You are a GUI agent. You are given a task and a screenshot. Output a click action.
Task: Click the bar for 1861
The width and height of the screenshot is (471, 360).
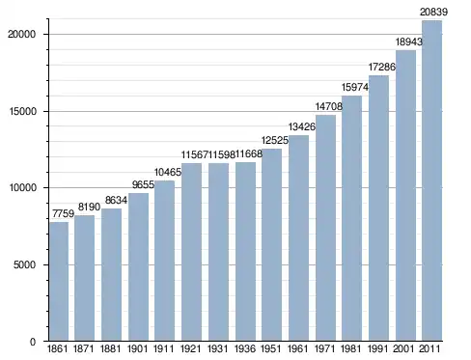coord(59,282)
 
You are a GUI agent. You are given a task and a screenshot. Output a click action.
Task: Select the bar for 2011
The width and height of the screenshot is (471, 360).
coord(431,180)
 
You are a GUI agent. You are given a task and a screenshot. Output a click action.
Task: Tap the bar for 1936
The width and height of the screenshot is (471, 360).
coord(245,252)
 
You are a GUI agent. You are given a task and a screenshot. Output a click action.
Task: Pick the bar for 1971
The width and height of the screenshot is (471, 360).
coord(325,228)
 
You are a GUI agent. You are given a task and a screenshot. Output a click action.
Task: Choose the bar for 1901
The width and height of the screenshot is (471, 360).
coord(138,267)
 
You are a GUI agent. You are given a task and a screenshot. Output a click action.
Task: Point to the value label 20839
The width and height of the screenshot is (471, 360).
coord(433,13)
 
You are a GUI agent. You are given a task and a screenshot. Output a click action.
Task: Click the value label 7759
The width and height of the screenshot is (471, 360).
coord(63,213)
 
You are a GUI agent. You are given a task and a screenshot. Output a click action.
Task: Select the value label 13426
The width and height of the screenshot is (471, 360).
coord(302,126)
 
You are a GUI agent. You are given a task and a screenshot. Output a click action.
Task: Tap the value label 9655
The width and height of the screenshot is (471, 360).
coord(143,184)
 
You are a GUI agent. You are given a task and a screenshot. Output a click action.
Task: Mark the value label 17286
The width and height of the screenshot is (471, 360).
coord(382,67)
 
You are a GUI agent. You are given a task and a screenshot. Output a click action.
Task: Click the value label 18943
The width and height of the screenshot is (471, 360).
coord(408,42)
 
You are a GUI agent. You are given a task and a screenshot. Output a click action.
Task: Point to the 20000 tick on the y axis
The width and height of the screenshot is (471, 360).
coord(21,34)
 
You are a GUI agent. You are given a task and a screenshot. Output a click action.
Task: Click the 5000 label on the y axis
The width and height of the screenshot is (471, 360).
coord(24,264)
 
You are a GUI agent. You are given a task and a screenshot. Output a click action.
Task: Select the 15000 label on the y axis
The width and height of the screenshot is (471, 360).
coord(21,111)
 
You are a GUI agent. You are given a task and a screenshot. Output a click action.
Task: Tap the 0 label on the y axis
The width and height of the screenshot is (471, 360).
coord(33,342)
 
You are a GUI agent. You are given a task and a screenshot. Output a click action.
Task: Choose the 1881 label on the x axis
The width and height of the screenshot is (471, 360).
coord(110,348)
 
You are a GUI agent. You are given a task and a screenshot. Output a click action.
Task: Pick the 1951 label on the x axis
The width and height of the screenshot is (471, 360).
coord(271,348)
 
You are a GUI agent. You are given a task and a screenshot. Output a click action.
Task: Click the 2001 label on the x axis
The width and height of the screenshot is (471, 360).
coord(403,348)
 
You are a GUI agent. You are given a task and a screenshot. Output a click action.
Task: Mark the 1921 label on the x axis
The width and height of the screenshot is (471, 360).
coord(191,348)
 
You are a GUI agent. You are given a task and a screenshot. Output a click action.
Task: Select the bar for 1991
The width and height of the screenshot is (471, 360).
coord(378,208)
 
